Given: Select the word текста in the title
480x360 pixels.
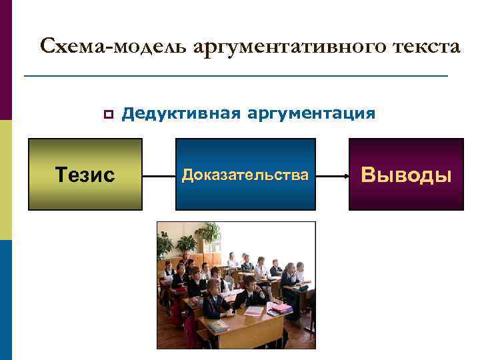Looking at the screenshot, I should click(x=424, y=47).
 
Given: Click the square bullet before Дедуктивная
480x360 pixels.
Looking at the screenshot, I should click(x=106, y=114).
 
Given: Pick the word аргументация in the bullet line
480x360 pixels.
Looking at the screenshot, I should click(x=311, y=113).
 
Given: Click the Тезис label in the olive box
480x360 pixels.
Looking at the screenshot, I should click(x=85, y=175).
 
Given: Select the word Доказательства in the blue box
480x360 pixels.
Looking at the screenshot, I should click(x=245, y=175).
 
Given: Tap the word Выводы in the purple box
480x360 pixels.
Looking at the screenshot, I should click(x=407, y=175).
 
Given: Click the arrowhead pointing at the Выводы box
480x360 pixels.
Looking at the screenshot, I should click(x=346, y=176).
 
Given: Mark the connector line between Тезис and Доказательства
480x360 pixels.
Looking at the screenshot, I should click(x=159, y=176).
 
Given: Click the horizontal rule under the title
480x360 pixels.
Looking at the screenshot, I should click(x=235, y=77).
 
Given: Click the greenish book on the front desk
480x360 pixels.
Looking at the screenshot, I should click(x=218, y=327).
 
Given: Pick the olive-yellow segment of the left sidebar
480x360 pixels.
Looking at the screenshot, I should click(x=6, y=180).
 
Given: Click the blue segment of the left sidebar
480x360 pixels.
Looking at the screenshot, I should click(x=6, y=300).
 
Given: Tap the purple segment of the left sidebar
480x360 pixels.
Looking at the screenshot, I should click(x=6, y=60).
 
